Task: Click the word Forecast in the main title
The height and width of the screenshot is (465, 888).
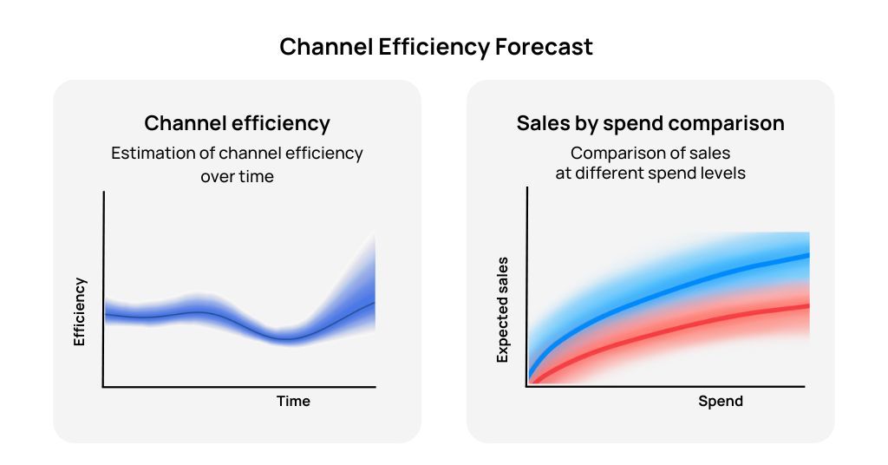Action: coord(544,47)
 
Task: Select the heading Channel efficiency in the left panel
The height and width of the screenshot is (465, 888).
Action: coord(237,123)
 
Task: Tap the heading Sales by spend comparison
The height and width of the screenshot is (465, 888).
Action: coord(650,123)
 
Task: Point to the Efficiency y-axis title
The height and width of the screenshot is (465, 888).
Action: coord(80,311)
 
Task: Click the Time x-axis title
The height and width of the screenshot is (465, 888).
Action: coord(293,401)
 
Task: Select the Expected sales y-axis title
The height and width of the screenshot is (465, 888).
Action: coord(502,310)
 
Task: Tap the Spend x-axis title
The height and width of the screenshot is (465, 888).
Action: coord(721,401)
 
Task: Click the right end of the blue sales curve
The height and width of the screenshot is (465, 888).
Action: coord(808,255)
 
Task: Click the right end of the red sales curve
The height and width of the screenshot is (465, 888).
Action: coord(808,305)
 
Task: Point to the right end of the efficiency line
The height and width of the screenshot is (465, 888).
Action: coord(375,303)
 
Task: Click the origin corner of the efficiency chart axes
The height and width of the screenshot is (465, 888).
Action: coord(103,387)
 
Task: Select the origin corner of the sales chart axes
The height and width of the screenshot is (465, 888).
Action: coord(526,387)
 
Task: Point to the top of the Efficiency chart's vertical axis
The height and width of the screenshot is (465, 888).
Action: coord(103,193)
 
